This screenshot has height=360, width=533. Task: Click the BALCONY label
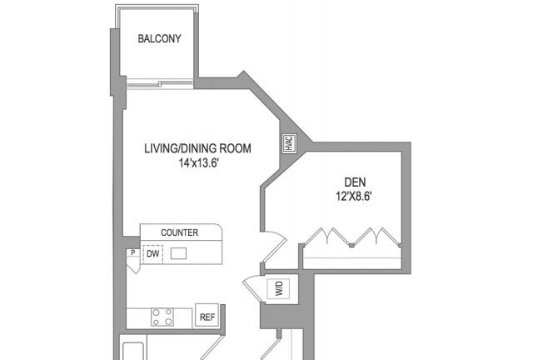pyautogui.click(x=159, y=38)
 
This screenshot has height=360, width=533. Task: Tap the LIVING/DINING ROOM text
pyautogui.click(x=198, y=148)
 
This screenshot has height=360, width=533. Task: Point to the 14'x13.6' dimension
pyautogui.click(x=198, y=163)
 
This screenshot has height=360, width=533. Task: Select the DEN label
pyautogui.click(x=356, y=182)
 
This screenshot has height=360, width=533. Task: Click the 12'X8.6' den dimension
pyautogui.click(x=355, y=197)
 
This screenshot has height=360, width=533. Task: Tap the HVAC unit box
pyautogui.click(x=289, y=143)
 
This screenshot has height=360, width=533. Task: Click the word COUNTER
pyautogui.click(x=180, y=232)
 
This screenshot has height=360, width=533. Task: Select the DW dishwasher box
pyautogui.click(x=152, y=254)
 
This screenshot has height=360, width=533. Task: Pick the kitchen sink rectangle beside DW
pyautogui.click(x=178, y=253)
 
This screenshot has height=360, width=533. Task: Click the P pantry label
pyautogui.click(x=133, y=252)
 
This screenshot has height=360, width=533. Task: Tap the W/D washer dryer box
pyautogui.click(x=278, y=288)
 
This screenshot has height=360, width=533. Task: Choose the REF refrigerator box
pyautogui.click(x=207, y=316)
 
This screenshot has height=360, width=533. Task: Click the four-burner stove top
pyautogui.click(x=162, y=317)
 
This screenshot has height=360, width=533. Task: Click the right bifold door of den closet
pyautogui.click(x=376, y=236)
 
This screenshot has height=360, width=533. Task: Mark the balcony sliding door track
pyautogui.click(x=160, y=82)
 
